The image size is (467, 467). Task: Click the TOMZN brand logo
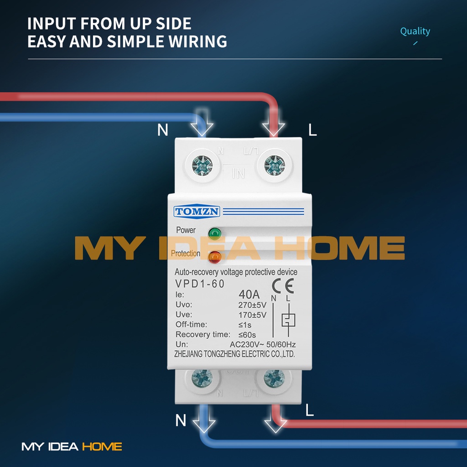coord(197,212)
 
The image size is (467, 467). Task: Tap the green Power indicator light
coord(214,233)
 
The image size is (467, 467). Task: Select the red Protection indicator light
coord(214,257)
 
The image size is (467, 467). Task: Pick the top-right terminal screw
coord(274,166)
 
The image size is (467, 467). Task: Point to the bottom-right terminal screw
coord(274,378)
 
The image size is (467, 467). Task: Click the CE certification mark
coord(283,286)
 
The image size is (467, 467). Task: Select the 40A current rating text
coord(249,294)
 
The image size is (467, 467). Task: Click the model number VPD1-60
coord(200,284)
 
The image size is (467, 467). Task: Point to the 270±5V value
coord(252,305)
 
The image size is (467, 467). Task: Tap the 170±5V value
coord(252,315)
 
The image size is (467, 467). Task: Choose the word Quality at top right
coord(415,31)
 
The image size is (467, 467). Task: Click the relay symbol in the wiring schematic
coord(288,320)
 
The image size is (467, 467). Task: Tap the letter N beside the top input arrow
coord(163,130)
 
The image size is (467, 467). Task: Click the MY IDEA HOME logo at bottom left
coord(72,446)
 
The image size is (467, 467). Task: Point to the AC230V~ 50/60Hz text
coord(262,344)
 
